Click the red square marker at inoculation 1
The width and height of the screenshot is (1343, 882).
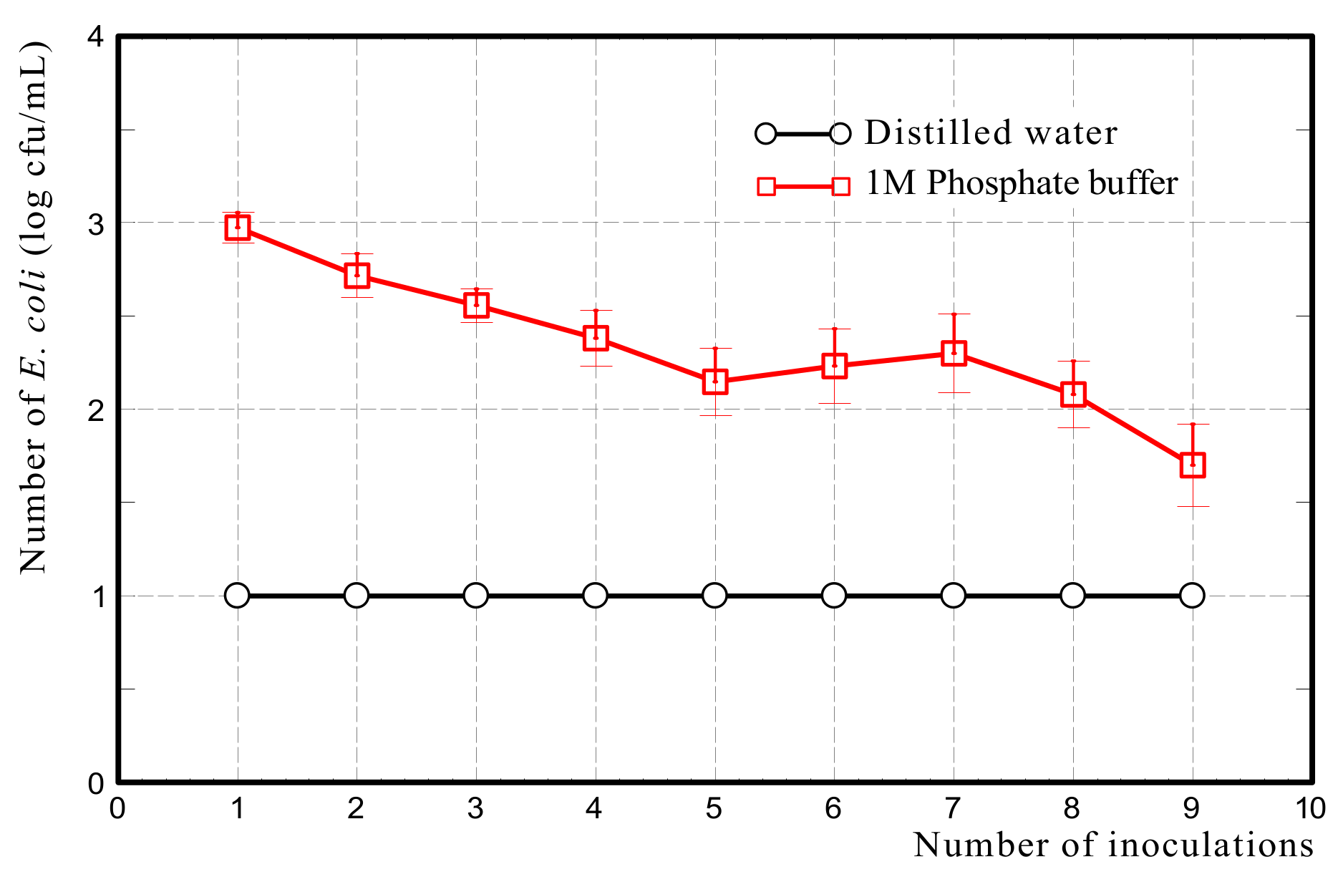pyautogui.click(x=238, y=228)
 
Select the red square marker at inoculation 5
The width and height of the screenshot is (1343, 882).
pyautogui.click(x=715, y=381)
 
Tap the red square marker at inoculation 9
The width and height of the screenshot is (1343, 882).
pyautogui.click(x=1193, y=465)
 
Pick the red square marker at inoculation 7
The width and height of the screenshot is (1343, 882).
pyautogui.click(x=954, y=353)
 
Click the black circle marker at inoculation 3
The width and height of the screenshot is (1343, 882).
pyautogui.click(x=476, y=595)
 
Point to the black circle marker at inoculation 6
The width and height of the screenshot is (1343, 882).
pyautogui.click(x=834, y=595)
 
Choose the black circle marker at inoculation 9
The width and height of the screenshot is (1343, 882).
pyautogui.click(x=1192, y=595)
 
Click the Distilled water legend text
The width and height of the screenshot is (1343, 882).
pyautogui.click(x=991, y=133)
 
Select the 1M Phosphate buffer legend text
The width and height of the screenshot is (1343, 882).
pyautogui.click(x=1022, y=183)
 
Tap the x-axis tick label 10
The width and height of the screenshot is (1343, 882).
pyautogui.click(x=1311, y=809)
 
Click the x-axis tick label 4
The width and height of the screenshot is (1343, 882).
pyautogui.click(x=594, y=809)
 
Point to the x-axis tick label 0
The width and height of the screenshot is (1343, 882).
pyautogui.click(x=117, y=809)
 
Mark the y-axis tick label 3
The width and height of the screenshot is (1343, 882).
pyautogui.click(x=96, y=223)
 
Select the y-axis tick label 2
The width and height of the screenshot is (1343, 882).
pyautogui.click(x=96, y=410)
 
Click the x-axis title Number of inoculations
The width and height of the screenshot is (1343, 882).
pyautogui.click(x=1113, y=845)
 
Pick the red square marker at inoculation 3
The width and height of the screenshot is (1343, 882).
pyautogui.click(x=476, y=305)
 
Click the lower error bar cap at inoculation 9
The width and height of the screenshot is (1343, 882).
pyautogui.click(x=1193, y=506)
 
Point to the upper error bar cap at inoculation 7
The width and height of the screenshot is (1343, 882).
pyautogui.click(x=954, y=314)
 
